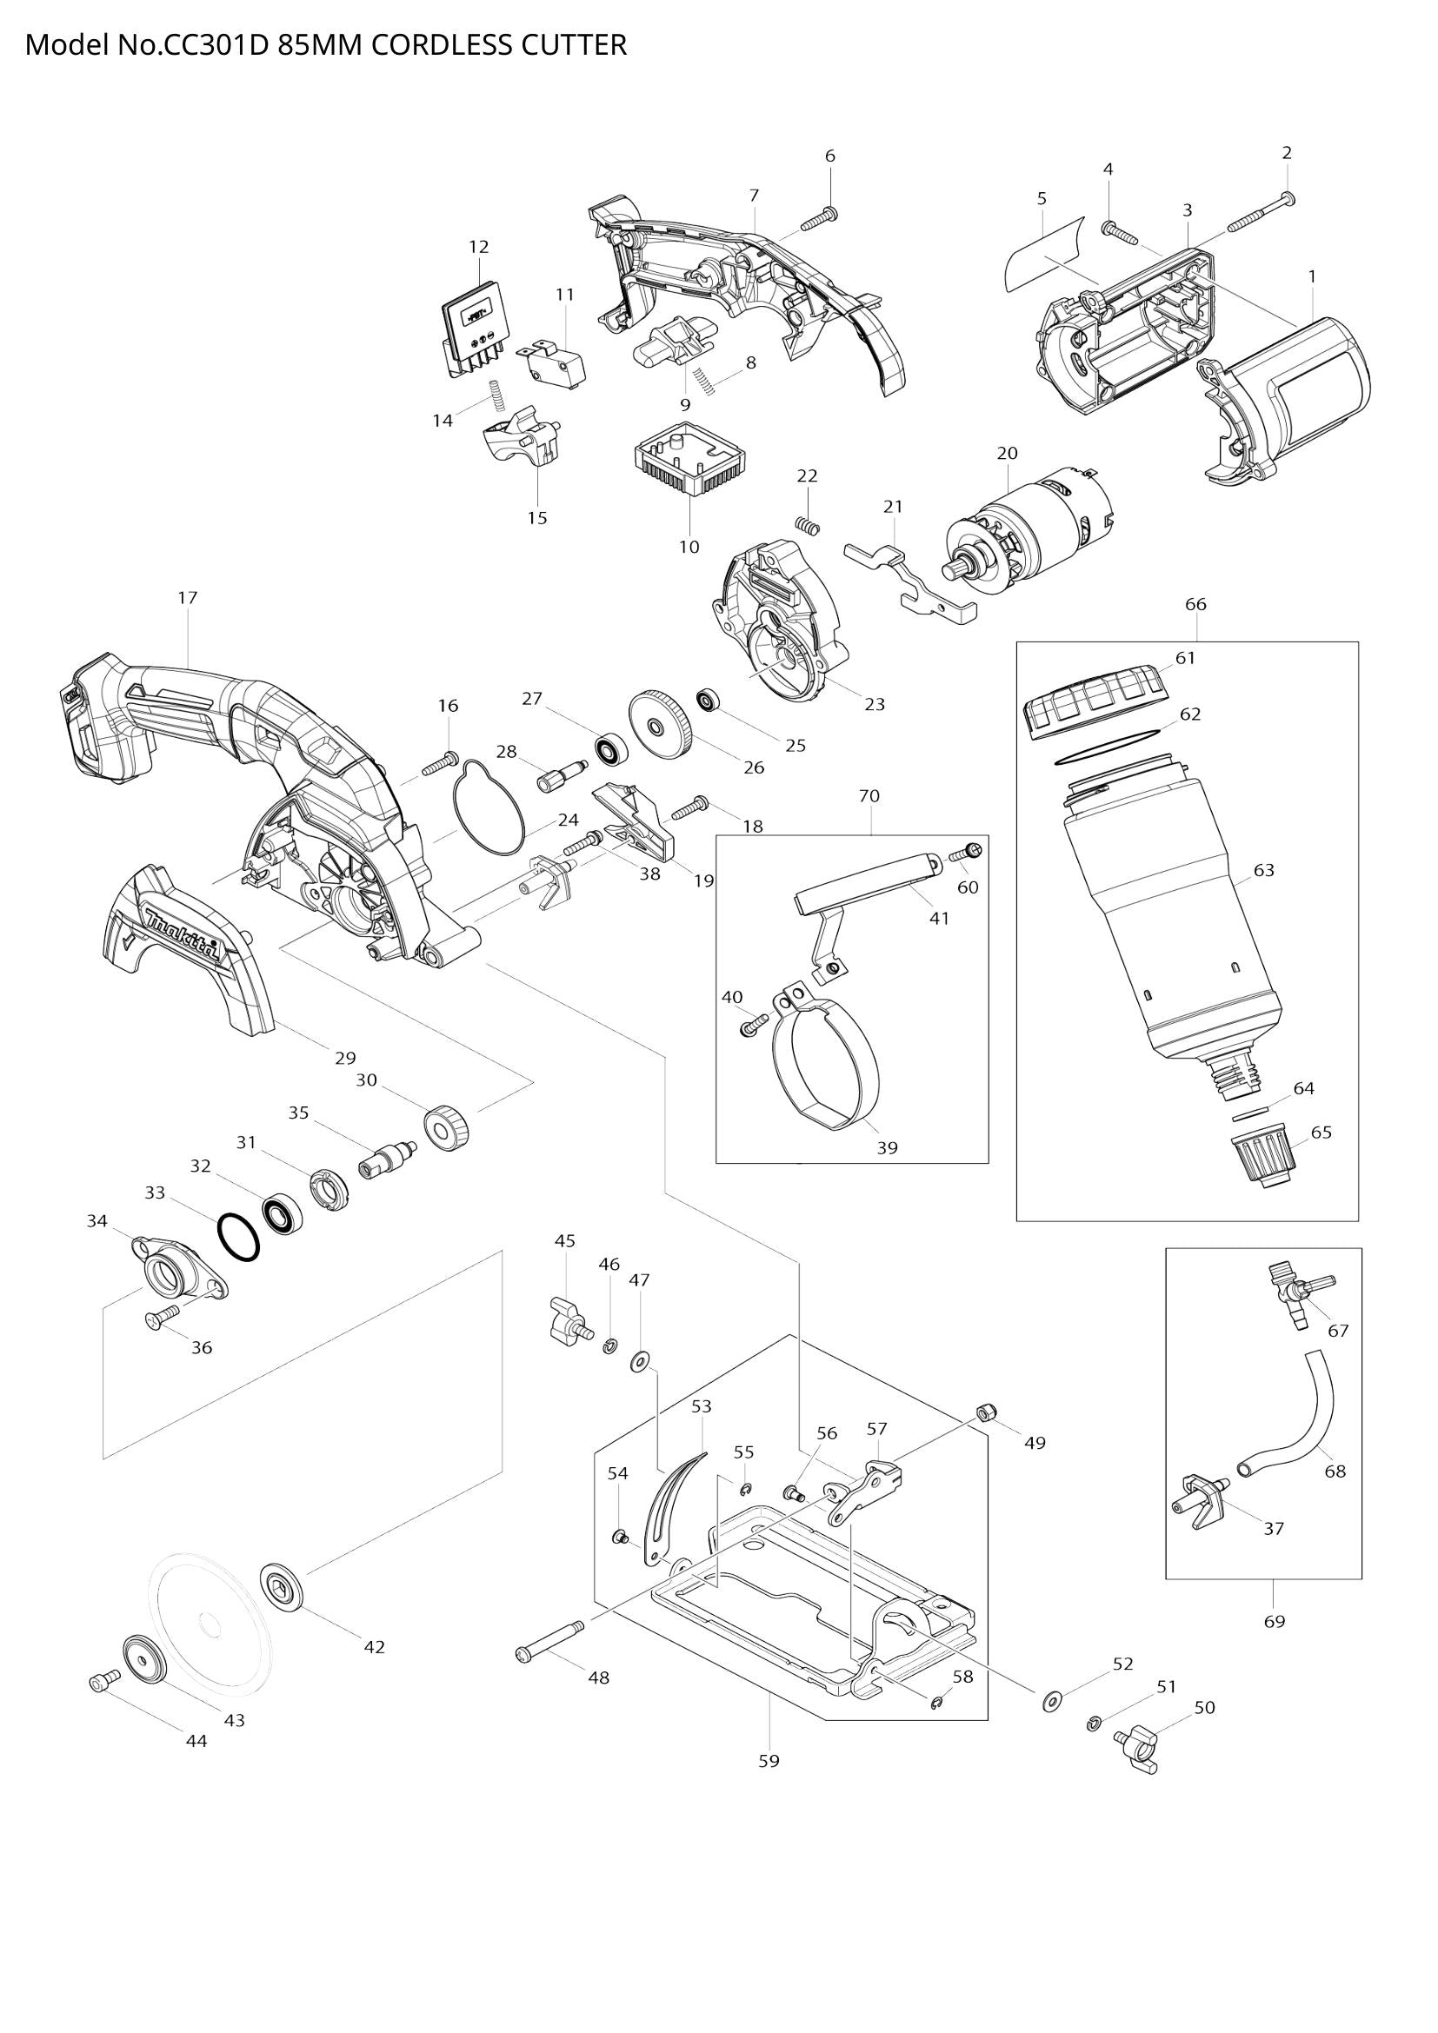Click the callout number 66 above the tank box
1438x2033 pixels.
1195,605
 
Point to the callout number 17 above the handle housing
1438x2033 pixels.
187,598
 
